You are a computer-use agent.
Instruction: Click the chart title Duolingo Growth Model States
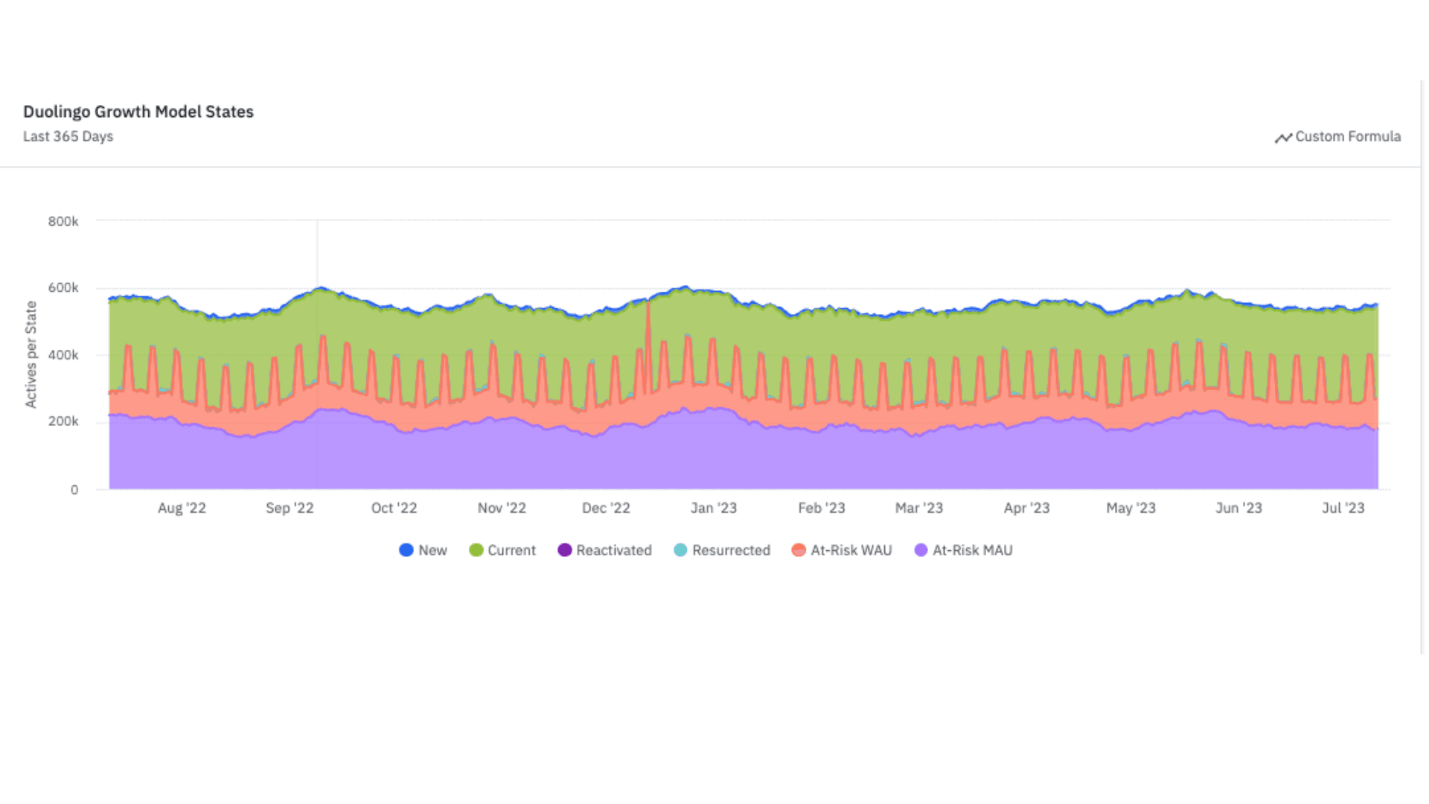click(138, 112)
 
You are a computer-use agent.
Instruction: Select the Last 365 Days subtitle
click(68, 136)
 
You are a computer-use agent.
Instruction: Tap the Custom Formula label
click(1347, 136)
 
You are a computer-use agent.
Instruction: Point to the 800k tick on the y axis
click(63, 221)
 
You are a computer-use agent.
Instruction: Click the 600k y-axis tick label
click(63, 288)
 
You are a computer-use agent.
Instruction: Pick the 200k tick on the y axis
click(63, 421)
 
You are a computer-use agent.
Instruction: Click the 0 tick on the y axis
click(74, 490)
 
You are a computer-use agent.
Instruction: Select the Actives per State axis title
click(31, 354)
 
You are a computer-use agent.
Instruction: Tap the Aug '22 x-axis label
click(182, 508)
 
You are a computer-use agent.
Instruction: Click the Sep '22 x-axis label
click(290, 508)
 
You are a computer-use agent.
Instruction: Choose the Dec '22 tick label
click(606, 508)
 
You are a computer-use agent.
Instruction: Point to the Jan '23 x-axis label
click(713, 508)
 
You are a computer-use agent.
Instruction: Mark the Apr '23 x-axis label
click(1026, 508)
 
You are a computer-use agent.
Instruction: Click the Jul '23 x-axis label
click(1343, 508)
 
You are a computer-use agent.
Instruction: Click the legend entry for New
click(423, 550)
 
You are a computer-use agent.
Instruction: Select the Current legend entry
click(502, 550)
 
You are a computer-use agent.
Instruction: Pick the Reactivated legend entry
click(604, 550)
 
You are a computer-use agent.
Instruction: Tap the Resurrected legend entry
click(722, 550)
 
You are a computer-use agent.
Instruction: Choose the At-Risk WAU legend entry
click(842, 550)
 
